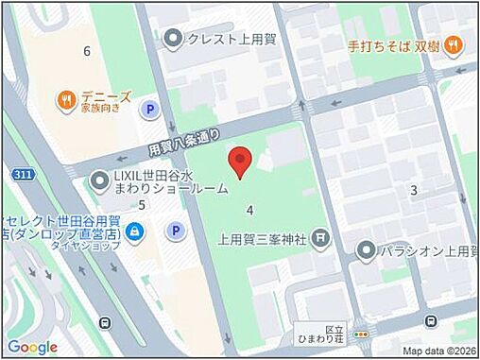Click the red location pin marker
click(x=241, y=162)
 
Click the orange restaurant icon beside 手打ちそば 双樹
click(x=454, y=43)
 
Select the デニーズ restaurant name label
click(x=105, y=95)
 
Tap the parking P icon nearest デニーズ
click(x=148, y=111)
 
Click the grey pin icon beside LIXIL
click(x=99, y=180)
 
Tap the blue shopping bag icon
click(x=136, y=230)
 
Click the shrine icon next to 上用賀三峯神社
click(x=321, y=237)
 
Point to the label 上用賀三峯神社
click(x=265, y=238)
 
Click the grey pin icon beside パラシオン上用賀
click(x=367, y=249)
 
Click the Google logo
click(x=33, y=347)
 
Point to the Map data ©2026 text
click(x=437, y=351)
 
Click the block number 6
click(x=87, y=51)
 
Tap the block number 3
click(x=413, y=191)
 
